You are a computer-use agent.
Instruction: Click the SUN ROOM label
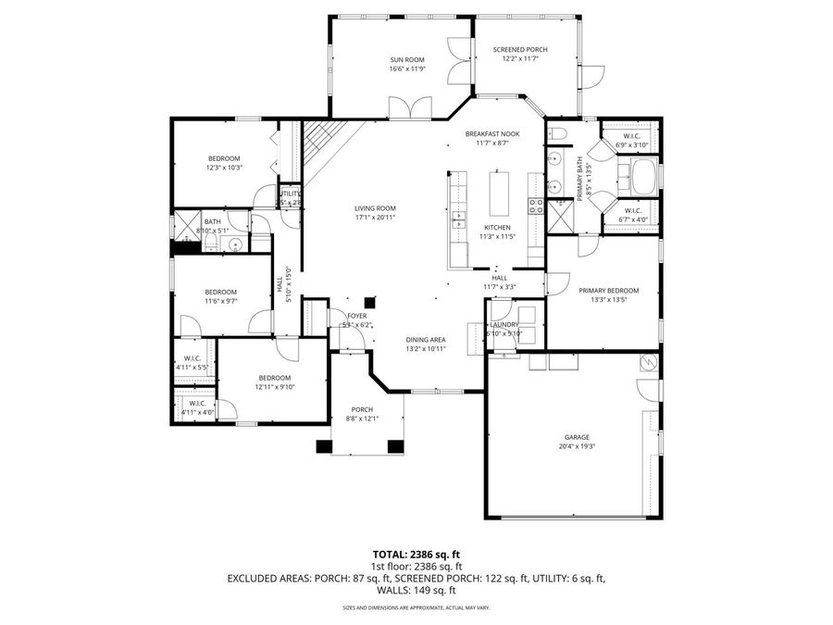pos(406,59)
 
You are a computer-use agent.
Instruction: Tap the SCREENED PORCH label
pos(519,49)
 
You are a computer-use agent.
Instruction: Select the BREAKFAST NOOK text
pos(491,133)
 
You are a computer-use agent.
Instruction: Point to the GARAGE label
pos(577,437)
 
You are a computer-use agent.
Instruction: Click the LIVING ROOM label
pos(375,208)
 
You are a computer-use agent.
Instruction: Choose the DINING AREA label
pos(426,339)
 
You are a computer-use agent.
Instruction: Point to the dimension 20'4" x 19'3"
pos(577,446)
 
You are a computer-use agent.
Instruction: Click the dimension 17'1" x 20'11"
pos(375,218)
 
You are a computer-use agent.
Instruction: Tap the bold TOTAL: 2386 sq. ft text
pos(416,554)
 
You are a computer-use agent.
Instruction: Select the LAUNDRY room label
pos(505,324)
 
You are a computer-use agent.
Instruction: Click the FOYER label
pos(356,315)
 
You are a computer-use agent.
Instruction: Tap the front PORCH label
pos(362,409)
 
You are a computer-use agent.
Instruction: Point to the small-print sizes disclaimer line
pos(416,608)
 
